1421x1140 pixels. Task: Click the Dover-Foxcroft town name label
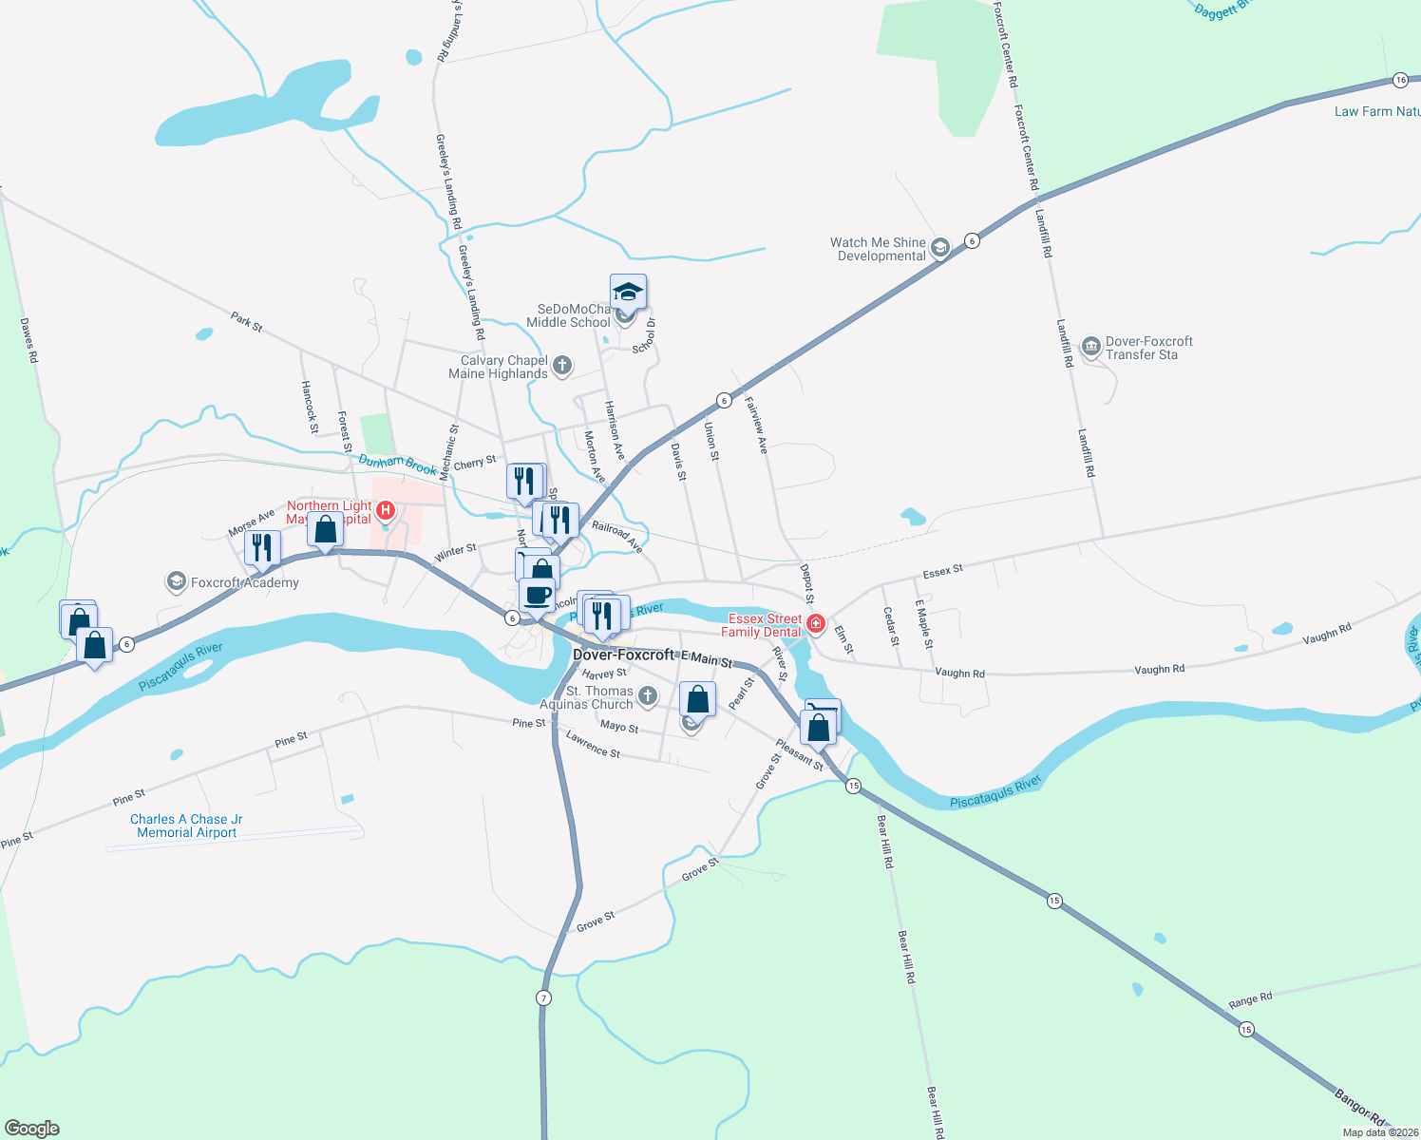click(623, 655)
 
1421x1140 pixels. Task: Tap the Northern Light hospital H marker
click(386, 511)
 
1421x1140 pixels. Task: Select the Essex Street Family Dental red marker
click(815, 624)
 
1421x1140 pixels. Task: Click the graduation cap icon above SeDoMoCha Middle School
click(628, 292)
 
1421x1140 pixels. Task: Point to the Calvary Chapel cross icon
click(561, 366)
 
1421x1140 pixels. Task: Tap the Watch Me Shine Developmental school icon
click(939, 248)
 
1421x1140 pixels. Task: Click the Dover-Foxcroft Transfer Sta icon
click(1090, 347)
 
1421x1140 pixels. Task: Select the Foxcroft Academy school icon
click(176, 581)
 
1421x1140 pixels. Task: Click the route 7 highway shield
click(543, 997)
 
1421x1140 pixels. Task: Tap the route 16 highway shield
click(1400, 80)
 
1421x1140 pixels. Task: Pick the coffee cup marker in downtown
click(538, 595)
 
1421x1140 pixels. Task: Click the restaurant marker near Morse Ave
click(262, 547)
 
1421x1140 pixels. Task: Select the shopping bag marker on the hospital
click(325, 529)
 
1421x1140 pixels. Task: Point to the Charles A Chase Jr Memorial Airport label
click(186, 826)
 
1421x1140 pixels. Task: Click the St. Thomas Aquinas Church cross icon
click(647, 696)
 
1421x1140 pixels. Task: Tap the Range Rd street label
click(1249, 1000)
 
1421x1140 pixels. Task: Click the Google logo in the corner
click(32, 1129)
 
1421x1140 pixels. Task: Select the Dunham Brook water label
click(397, 465)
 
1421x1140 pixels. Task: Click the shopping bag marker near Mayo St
click(698, 699)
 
